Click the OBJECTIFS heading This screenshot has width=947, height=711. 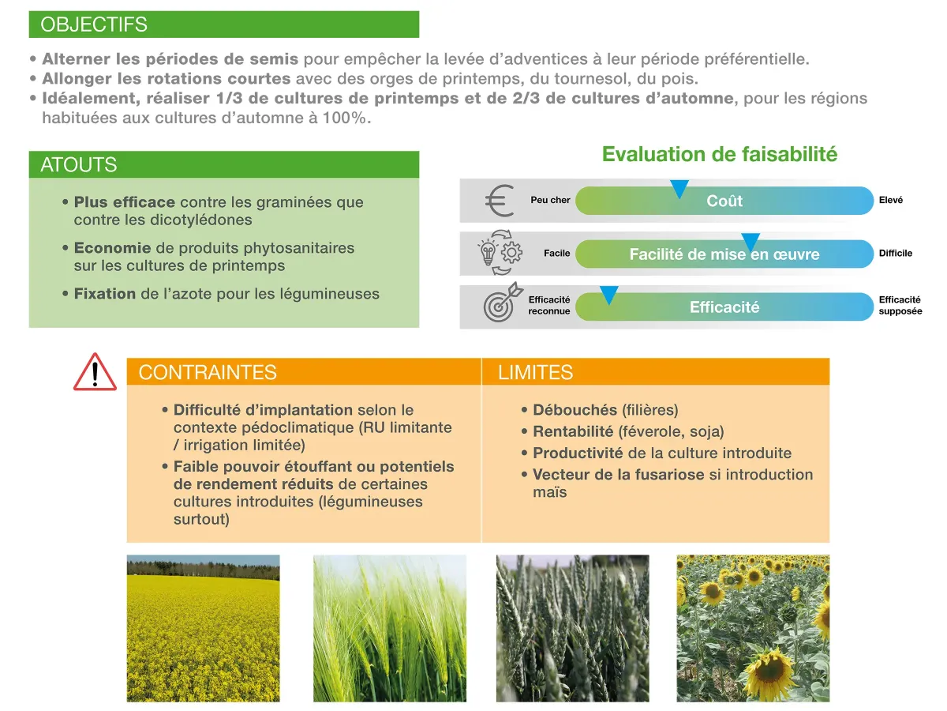[x=94, y=24]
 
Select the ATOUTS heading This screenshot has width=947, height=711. [x=78, y=164]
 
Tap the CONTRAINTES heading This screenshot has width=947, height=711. [x=207, y=372]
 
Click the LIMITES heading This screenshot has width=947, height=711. [x=535, y=372]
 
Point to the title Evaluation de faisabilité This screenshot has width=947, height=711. [x=719, y=154]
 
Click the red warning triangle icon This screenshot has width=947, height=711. [x=95, y=372]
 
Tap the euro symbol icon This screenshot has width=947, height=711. [x=500, y=201]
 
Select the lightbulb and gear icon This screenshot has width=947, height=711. [x=500, y=253]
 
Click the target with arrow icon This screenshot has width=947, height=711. [x=503, y=303]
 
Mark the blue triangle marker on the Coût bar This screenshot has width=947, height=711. [x=679, y=188]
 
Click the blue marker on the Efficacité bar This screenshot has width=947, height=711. [x=608, y=295]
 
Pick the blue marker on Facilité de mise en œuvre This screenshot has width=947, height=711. [x=750, y=242]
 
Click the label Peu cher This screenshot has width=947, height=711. [x=550, y=200]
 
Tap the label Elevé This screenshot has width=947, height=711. [x=890, y=200]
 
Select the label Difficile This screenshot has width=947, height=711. [x=895, y=253]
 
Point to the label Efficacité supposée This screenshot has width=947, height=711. [x=900, y=305]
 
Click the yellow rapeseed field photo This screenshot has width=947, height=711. [x=203, y=628]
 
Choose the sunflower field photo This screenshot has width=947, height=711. [x=753, y=628]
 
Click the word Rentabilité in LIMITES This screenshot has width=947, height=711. [x=573, y=431]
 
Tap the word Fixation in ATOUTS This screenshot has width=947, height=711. [x=105, y=294]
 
